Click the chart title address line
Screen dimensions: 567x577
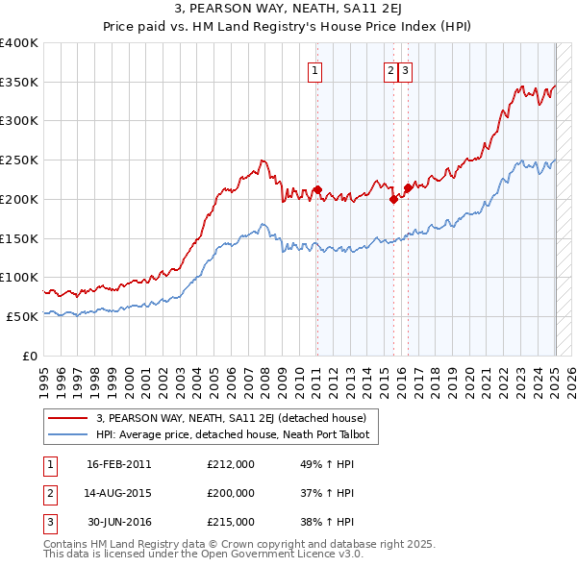[288, 10]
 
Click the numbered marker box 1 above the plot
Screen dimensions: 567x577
[315, 69]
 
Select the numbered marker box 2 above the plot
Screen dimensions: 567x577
[391, 69]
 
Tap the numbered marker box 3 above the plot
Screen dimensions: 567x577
[406, 69]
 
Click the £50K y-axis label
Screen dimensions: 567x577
[23, 316]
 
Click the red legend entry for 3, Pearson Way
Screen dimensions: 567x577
[231, 419]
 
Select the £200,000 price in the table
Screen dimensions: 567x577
[231, 493]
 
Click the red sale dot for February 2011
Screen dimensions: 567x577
[317, 189]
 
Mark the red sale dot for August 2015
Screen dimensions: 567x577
[393, 199]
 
